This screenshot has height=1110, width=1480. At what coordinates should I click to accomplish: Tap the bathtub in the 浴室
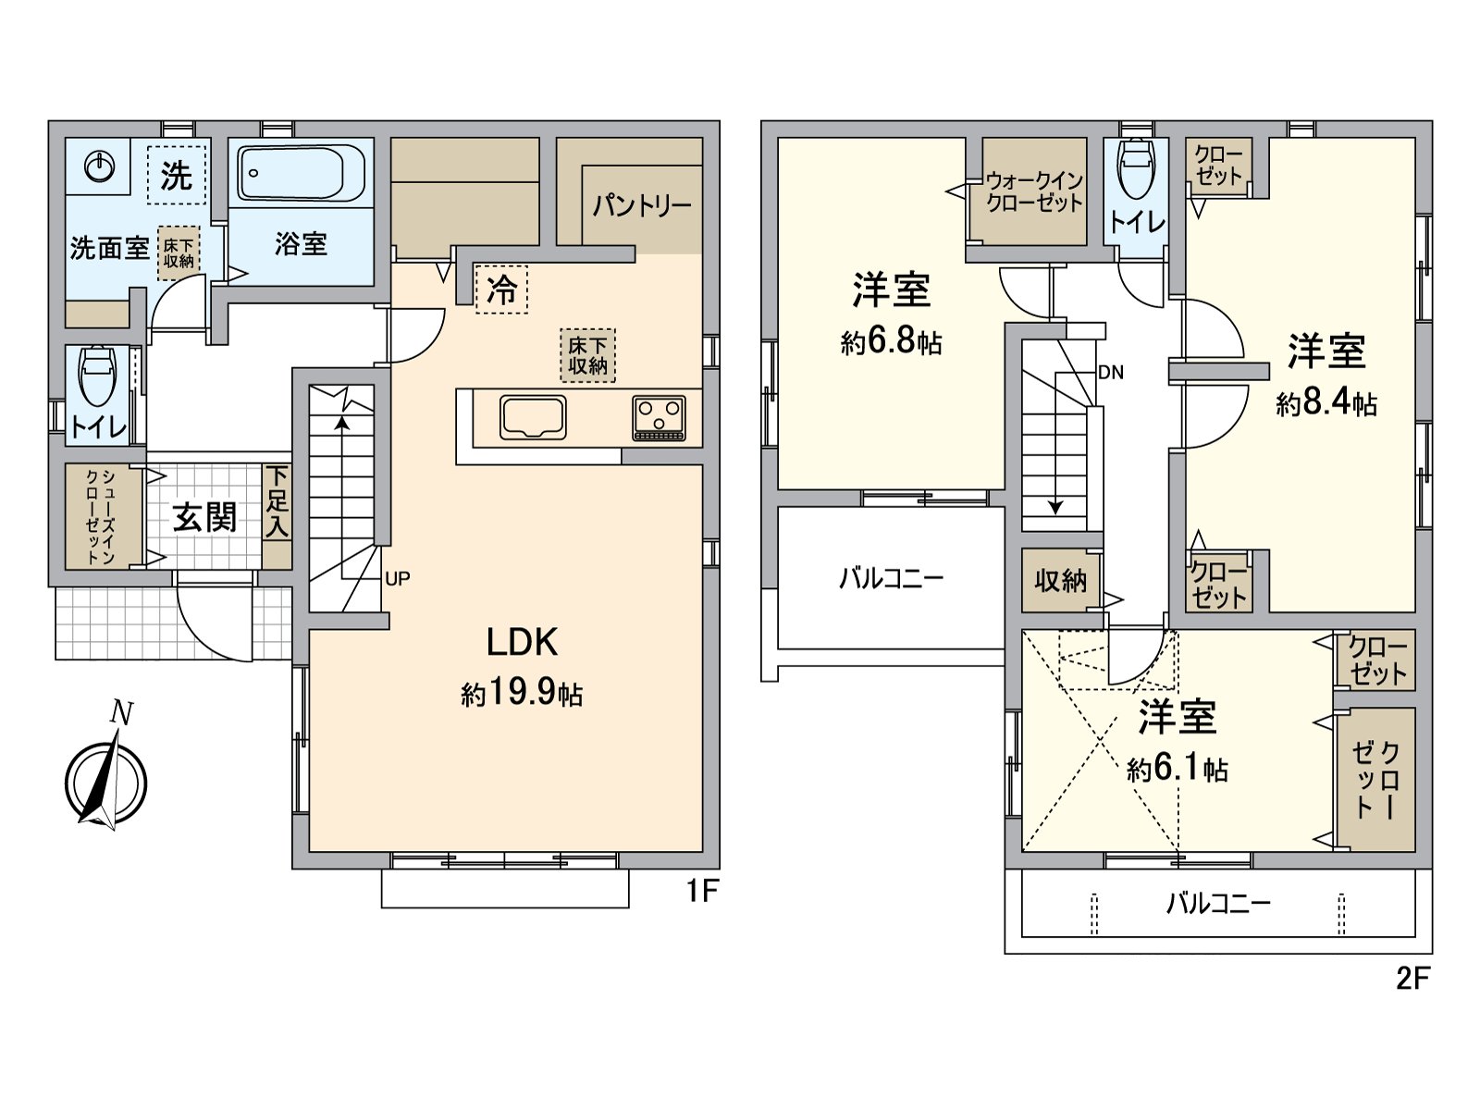302,173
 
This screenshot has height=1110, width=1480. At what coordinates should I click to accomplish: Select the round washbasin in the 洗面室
99,166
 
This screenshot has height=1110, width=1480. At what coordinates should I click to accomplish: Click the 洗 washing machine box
177,175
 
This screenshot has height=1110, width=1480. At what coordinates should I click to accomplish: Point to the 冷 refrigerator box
501,290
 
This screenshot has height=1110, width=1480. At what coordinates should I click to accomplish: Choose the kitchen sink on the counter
533,417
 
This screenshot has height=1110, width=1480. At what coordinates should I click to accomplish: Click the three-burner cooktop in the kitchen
659,418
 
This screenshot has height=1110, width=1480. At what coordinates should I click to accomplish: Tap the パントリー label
642,206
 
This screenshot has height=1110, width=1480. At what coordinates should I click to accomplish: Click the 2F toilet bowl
1136,168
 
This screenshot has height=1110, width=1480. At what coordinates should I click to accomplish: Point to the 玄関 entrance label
205,518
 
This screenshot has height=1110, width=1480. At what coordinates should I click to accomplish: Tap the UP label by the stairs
397,578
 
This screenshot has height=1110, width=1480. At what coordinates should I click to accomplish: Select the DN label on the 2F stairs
1111,372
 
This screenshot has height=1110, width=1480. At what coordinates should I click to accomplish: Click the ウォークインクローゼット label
1034,192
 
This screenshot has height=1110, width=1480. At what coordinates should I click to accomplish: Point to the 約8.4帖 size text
1326,403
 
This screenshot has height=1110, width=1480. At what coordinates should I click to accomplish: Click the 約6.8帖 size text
891,342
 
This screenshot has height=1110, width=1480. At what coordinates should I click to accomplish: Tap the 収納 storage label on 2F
1061,580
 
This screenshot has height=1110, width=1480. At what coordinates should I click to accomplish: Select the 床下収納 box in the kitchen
588,356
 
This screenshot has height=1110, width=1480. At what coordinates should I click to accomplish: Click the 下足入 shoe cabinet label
277,503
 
